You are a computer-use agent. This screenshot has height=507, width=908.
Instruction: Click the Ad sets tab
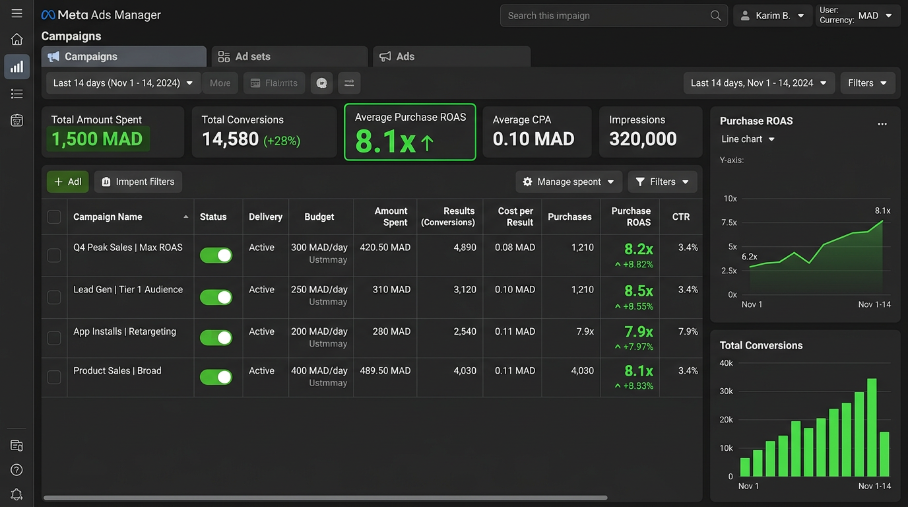(x=289, y=57)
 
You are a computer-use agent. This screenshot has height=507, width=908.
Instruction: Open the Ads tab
(x=451, y=57)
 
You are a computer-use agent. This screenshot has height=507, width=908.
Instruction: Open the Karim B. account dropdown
(x=773, y=16)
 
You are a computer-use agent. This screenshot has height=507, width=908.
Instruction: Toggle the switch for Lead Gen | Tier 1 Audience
(x=216, y=298)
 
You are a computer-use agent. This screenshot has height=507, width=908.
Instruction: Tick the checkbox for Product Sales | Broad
(x=54, y=377)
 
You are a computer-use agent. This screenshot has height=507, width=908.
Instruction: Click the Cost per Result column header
(x=515, y=217)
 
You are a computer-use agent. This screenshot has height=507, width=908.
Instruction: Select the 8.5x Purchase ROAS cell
(x=638, y=291)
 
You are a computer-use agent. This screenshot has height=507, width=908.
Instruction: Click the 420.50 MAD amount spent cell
(x=385, y=248)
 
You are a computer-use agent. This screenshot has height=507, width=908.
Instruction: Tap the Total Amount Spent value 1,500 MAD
(x=97, y=139)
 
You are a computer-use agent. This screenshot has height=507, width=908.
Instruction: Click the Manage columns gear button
(x=568, y=182)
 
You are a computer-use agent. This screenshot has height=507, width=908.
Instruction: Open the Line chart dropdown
(x=748, y=139)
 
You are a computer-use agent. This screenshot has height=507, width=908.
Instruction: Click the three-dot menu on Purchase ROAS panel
(x=882, y=124)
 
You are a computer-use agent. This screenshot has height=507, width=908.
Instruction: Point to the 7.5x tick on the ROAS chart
(x=729, y=222)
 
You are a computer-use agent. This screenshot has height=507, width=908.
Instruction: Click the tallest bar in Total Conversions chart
(x=872, y=427)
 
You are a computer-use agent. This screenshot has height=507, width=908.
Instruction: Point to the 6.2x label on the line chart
(x=749, y=257)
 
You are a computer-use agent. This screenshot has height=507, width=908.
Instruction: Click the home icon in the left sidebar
(x=17, y=40)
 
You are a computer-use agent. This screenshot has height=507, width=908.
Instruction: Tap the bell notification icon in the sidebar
(x=17, y=494)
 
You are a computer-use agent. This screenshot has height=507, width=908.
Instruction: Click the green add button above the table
(x=67, y=182)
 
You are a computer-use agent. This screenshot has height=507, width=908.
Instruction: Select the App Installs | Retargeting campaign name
(x=125, y=331)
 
